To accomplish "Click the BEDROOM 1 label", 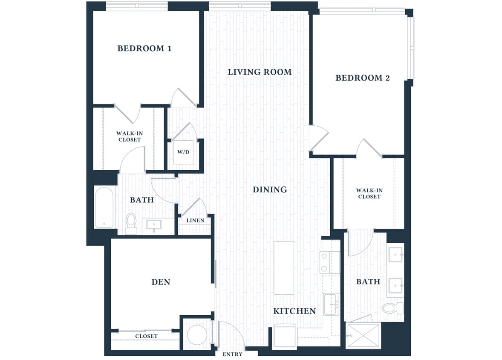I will (144, 49).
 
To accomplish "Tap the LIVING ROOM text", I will (260, 72).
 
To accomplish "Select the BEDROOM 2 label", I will (363, 78).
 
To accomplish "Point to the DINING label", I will (270, 190).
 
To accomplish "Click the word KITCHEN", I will (294, 311).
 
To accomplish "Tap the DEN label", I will (161, 282).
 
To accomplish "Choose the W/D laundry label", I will (183, 152).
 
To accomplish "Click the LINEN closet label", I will (195, 221).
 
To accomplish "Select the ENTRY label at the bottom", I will (233, 354).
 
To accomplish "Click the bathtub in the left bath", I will (104, 208).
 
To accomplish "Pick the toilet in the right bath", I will (391, 308).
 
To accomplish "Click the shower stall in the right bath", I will (363, 336).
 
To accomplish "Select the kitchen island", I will (284, 267).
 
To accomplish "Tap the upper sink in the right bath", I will (396, 255).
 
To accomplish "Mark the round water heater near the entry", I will (197, 335).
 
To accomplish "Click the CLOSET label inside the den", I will (146, 336).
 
